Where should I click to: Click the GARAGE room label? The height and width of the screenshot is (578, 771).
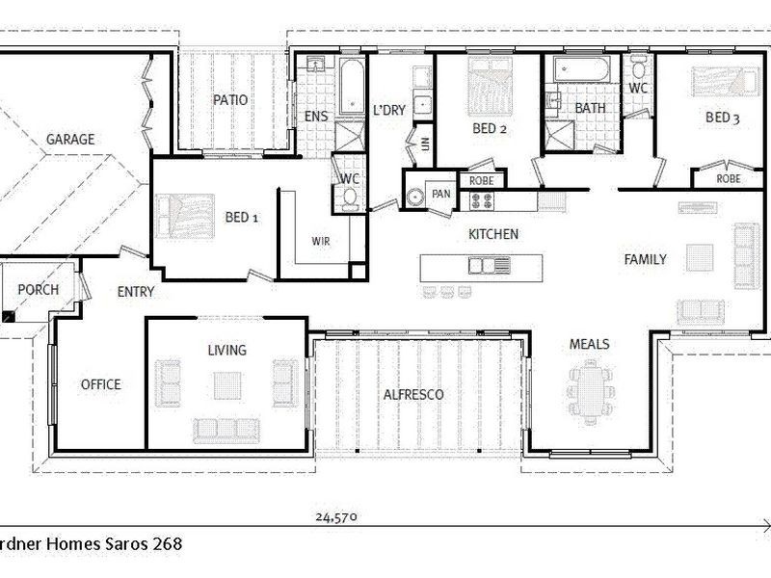coord(70,140)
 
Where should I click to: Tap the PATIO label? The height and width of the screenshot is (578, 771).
coord(230,100)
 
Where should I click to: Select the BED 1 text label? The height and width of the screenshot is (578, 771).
coord(241,218)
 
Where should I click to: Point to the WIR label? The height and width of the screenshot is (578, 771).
coord(320,241)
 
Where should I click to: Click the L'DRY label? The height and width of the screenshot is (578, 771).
coord(388,110)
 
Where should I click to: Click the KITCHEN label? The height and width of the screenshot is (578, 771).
coord(492,234)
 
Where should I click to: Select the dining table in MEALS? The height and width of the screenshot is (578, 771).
coord(590,389)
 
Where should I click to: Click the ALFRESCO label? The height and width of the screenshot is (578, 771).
coord(412,395)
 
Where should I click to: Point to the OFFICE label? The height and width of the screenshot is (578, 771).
coord(100,384)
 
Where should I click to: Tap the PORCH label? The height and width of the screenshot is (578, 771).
coord(38,290)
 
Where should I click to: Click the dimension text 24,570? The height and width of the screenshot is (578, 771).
coord(336,517)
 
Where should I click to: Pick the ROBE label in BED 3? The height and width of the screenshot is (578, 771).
coord(728,179)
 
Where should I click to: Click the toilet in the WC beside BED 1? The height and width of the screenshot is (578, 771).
coord(349,197)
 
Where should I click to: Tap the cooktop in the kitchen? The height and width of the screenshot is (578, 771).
coord(482,200)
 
